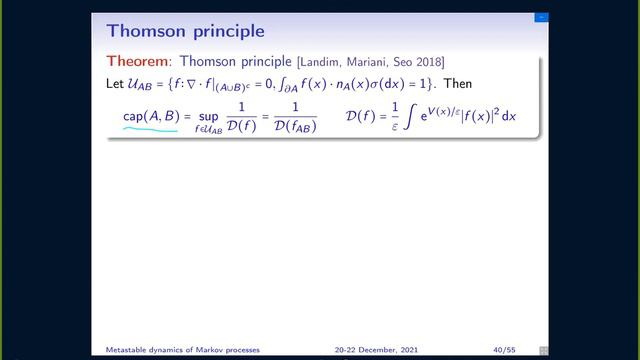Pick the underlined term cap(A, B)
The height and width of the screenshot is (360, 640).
point(150,116)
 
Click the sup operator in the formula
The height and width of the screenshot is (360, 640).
point(208,116)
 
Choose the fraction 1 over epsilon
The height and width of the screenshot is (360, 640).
point(396,117)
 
